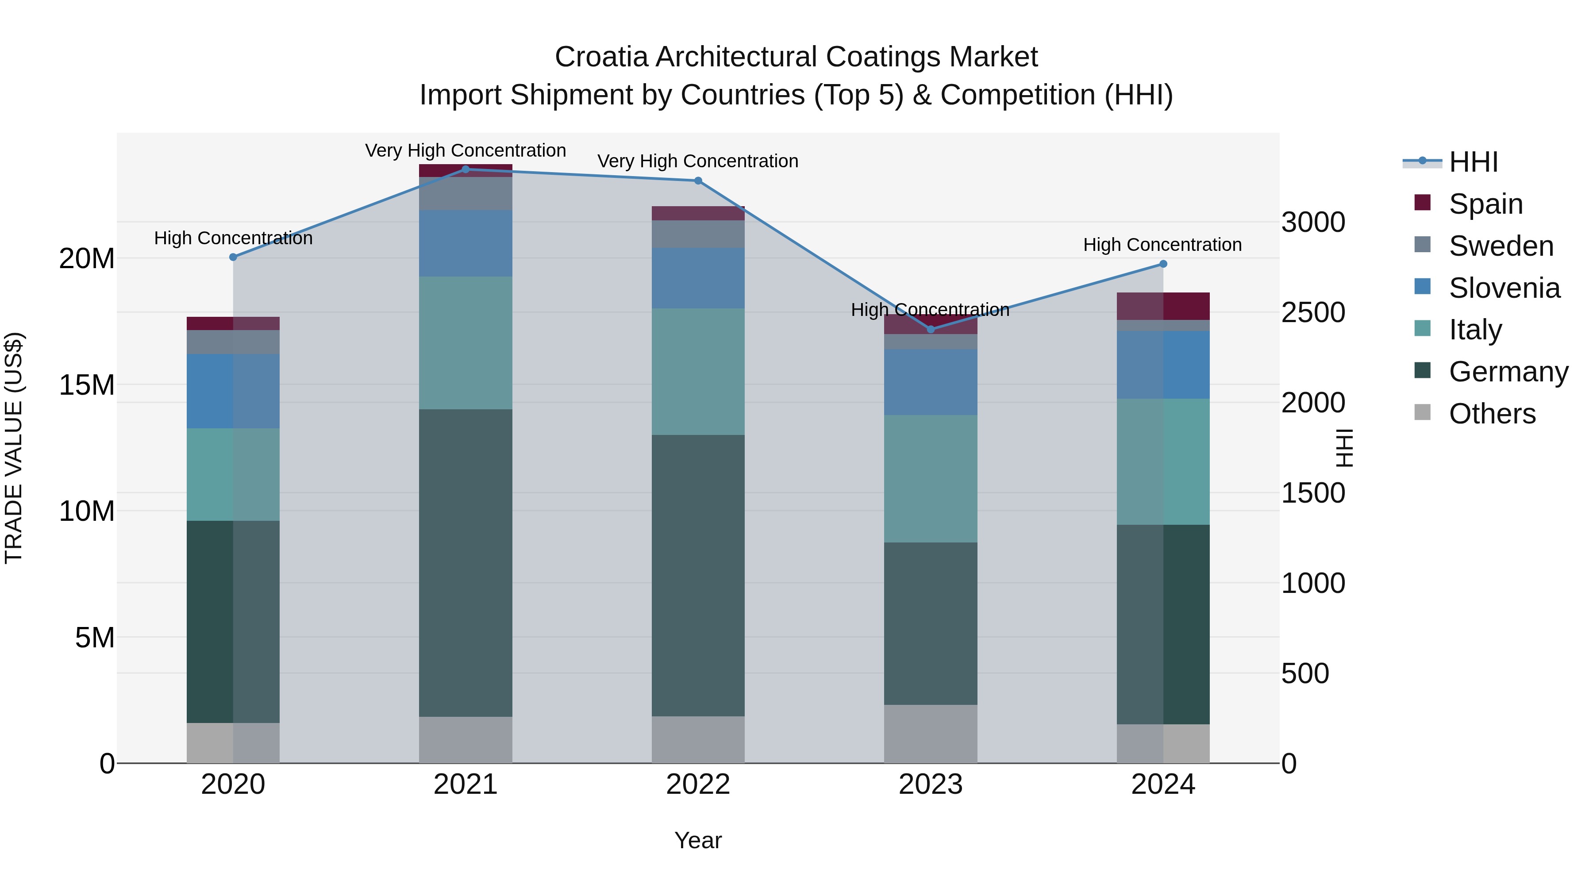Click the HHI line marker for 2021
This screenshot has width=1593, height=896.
(x=466, y=169)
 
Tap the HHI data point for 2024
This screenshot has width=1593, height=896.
(x=1162, y=264)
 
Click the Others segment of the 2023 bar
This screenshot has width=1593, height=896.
(x=931, y=734)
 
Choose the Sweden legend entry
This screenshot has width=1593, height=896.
(x=1501, y=246)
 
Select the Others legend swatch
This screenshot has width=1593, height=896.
(x=1422, y=412)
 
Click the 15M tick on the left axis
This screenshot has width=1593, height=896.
(x=87, y=385)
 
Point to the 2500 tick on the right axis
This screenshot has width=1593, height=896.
(x=1313, y=312)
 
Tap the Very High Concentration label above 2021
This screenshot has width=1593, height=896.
(x=466, y=150)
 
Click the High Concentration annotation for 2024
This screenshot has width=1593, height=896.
(x=1162, y=245)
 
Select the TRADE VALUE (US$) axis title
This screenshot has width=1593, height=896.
(x=14, y=448)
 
